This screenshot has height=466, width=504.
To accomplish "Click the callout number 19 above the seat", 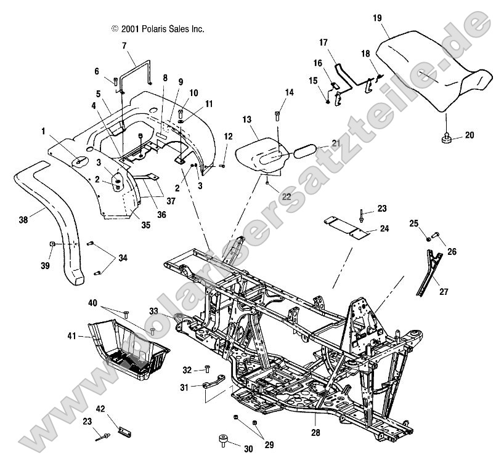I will tap(377, 18).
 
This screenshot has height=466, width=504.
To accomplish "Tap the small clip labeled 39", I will tap(54, 244).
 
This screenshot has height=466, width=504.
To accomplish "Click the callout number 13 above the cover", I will tap(247, 118).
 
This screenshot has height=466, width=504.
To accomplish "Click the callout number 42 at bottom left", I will tap(100, 408).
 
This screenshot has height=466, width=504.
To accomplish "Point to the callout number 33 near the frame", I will tap(153, 311).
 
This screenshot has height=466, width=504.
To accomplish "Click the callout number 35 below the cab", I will tap(145, 225).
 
